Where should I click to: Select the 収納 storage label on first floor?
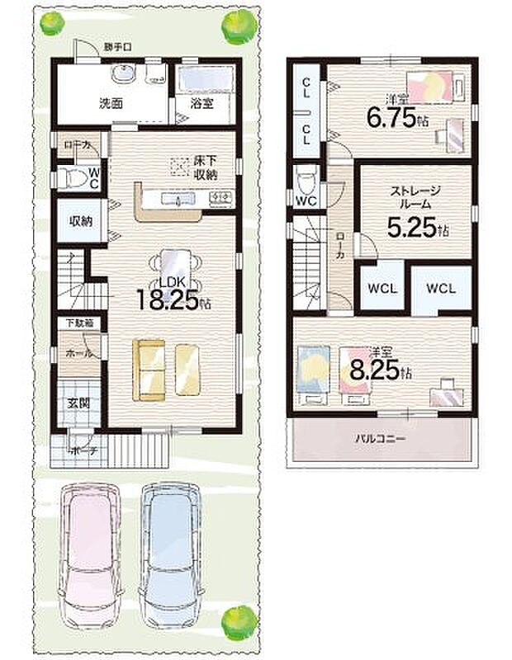click(79, 221)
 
